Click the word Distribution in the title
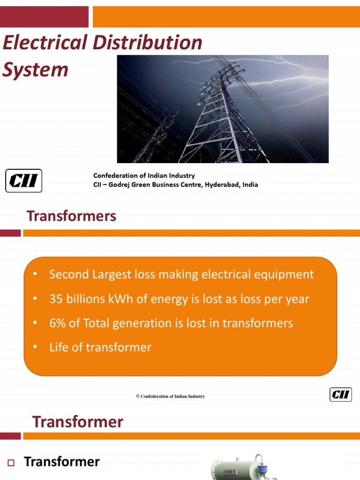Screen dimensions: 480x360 coord(147,43)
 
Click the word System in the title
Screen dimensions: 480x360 coord(35,70)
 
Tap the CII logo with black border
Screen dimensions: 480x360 coord(23,180)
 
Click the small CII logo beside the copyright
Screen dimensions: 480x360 coord(340,395)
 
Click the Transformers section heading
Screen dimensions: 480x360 coord(71,216)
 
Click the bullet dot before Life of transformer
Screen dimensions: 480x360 coord(35,347)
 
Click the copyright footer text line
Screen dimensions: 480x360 coord(171,397)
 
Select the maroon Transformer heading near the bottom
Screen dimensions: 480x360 coord(77,422)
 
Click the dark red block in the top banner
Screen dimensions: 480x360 coord(44,17)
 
